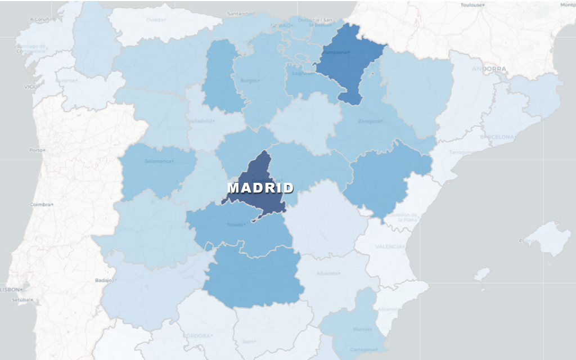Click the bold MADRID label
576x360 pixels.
[260, 188]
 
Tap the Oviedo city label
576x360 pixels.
[156, 20]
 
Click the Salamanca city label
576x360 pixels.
[159, 161]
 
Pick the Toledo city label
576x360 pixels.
[236, 224]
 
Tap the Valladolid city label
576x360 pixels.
[201, 120]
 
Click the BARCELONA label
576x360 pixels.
[497, 137]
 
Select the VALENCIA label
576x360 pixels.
[389, 246]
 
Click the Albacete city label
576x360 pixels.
[328, 273]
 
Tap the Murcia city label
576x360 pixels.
[362, 329]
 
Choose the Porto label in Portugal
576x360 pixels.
[36, 150]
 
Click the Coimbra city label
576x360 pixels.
[41, 204]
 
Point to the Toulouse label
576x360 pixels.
[472, 4]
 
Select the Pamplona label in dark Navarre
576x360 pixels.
[336, 52]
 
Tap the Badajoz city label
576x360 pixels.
[104, 280]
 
